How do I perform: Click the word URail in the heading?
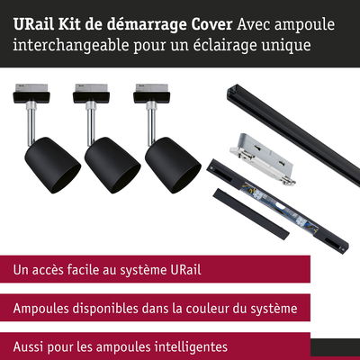pos(33,24)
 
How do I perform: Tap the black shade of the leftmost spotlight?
pos(52,165)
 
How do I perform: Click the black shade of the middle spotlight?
pos(112,165)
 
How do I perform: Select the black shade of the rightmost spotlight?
pos(173,165)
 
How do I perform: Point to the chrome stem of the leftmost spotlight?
pos(31,123)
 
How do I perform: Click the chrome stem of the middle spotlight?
pos(91,123)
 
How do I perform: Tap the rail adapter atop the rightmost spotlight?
pos(151,94)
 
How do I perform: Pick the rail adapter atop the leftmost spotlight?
pos(31,94)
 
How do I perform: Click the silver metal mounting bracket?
pos(263,158)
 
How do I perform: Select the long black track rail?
pos(293,135)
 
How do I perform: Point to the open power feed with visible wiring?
pos(277,204)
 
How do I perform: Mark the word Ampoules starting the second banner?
pos(41,309)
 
